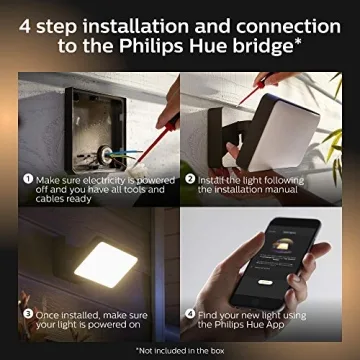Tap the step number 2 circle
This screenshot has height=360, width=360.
click(190, 177)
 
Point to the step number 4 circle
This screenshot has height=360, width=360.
click(190, 313)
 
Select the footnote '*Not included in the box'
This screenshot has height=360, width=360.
click(180, 349)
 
